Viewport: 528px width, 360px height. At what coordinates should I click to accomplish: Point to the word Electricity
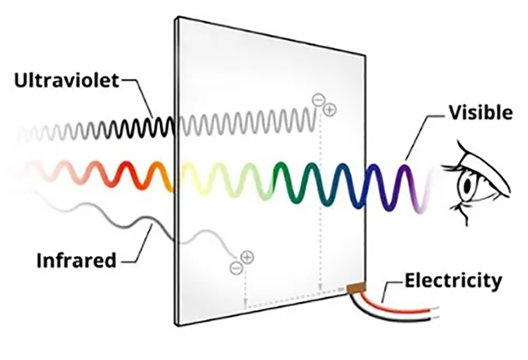pyautogui.click(x=452, y=282)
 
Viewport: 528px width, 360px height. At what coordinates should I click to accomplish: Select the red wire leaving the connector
pyautogui.click(x=405, y=308)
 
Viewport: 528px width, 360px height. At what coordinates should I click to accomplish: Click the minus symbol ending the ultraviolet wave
pyautogui.click(x=318, y=99)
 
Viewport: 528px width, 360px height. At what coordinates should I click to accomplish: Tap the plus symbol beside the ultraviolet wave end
pyautogui.click(x=330, y=110)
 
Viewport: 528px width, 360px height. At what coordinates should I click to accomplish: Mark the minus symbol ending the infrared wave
pyautogui.click(x=234, y=267)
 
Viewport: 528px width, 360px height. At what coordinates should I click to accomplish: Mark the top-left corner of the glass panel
pyautogui.click(x=176, y=17)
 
